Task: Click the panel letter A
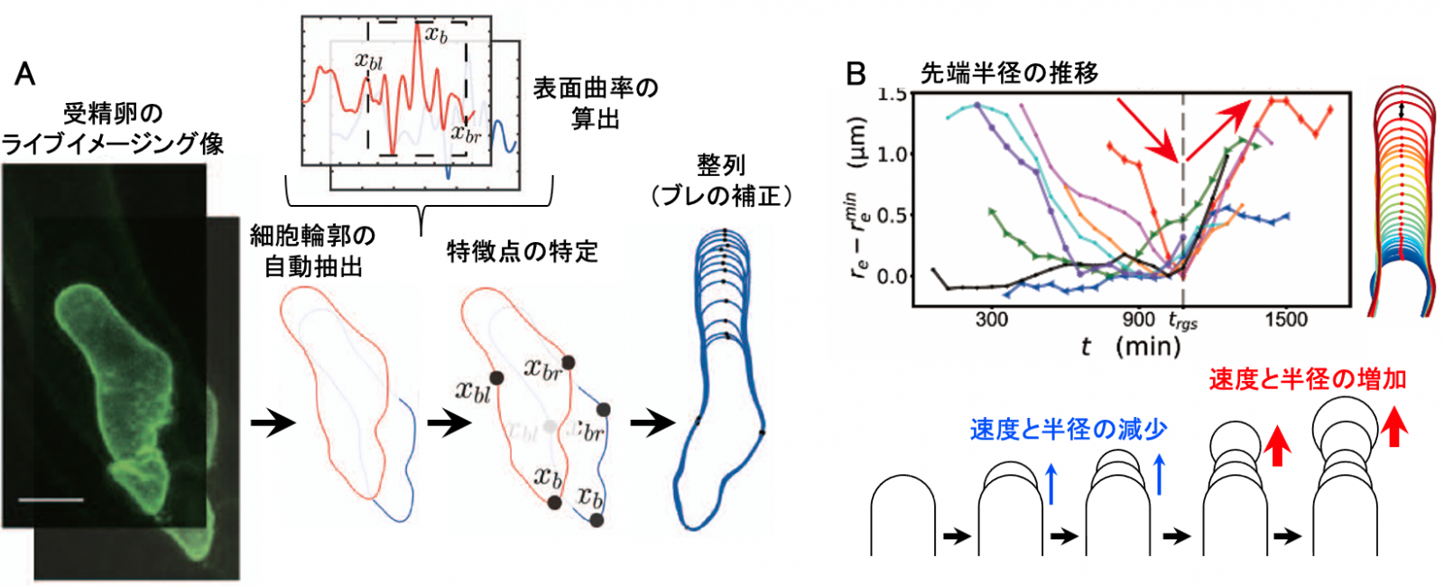[x=25, y=74]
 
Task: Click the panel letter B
[x=856, y=74]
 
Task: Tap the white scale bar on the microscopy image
[x=51, y=498]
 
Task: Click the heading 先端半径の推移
[x=1009, y=73]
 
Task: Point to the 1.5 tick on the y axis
[x=893, y=94]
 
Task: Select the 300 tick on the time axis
[x=991, y=319]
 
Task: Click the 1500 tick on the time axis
[x=1285, y=319]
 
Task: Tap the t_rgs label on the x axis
[x=1182, y=321]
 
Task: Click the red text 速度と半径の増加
[x=1308, y=379]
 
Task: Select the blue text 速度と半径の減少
[x=1069, y=430]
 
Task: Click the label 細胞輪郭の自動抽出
[x=312, y=251]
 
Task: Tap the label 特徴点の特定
[x=523, y=251]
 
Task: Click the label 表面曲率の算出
[x=596, y=103]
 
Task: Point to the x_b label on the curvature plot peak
[x=436, y=34]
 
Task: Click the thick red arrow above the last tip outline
[x=1394, y=426]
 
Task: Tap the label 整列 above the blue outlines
[x=721, y=165]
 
